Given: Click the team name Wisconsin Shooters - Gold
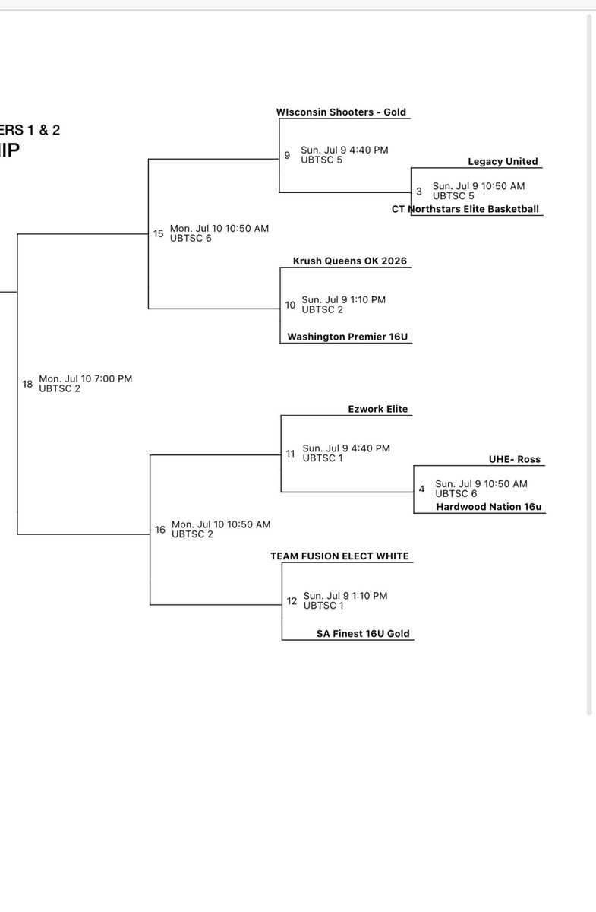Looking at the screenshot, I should click(341, 112).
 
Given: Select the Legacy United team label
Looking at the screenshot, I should click(503, 161).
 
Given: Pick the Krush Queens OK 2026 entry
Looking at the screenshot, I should click(349, 261).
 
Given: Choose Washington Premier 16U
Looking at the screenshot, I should click(348, 337).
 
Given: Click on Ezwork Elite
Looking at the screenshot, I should click(377, 409).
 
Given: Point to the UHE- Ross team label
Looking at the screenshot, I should click(514, 459).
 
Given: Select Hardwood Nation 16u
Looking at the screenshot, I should click(488, 507).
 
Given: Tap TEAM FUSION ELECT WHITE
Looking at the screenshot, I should click(339, 556).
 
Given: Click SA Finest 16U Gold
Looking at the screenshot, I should click(363, 633).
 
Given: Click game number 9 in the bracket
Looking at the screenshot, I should click(287, 155).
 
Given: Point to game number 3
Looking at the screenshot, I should click(418, 192).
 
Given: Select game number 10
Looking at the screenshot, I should click(290, 305).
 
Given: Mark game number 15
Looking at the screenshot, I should click(158, 233).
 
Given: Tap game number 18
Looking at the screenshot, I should click(27, 384).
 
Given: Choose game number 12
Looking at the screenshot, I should click(292, 601).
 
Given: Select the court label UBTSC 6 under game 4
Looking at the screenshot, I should click(456, 493).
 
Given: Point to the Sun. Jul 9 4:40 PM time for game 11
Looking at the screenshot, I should click(346, 448).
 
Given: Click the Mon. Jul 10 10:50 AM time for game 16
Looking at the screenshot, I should click(221, 524).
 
